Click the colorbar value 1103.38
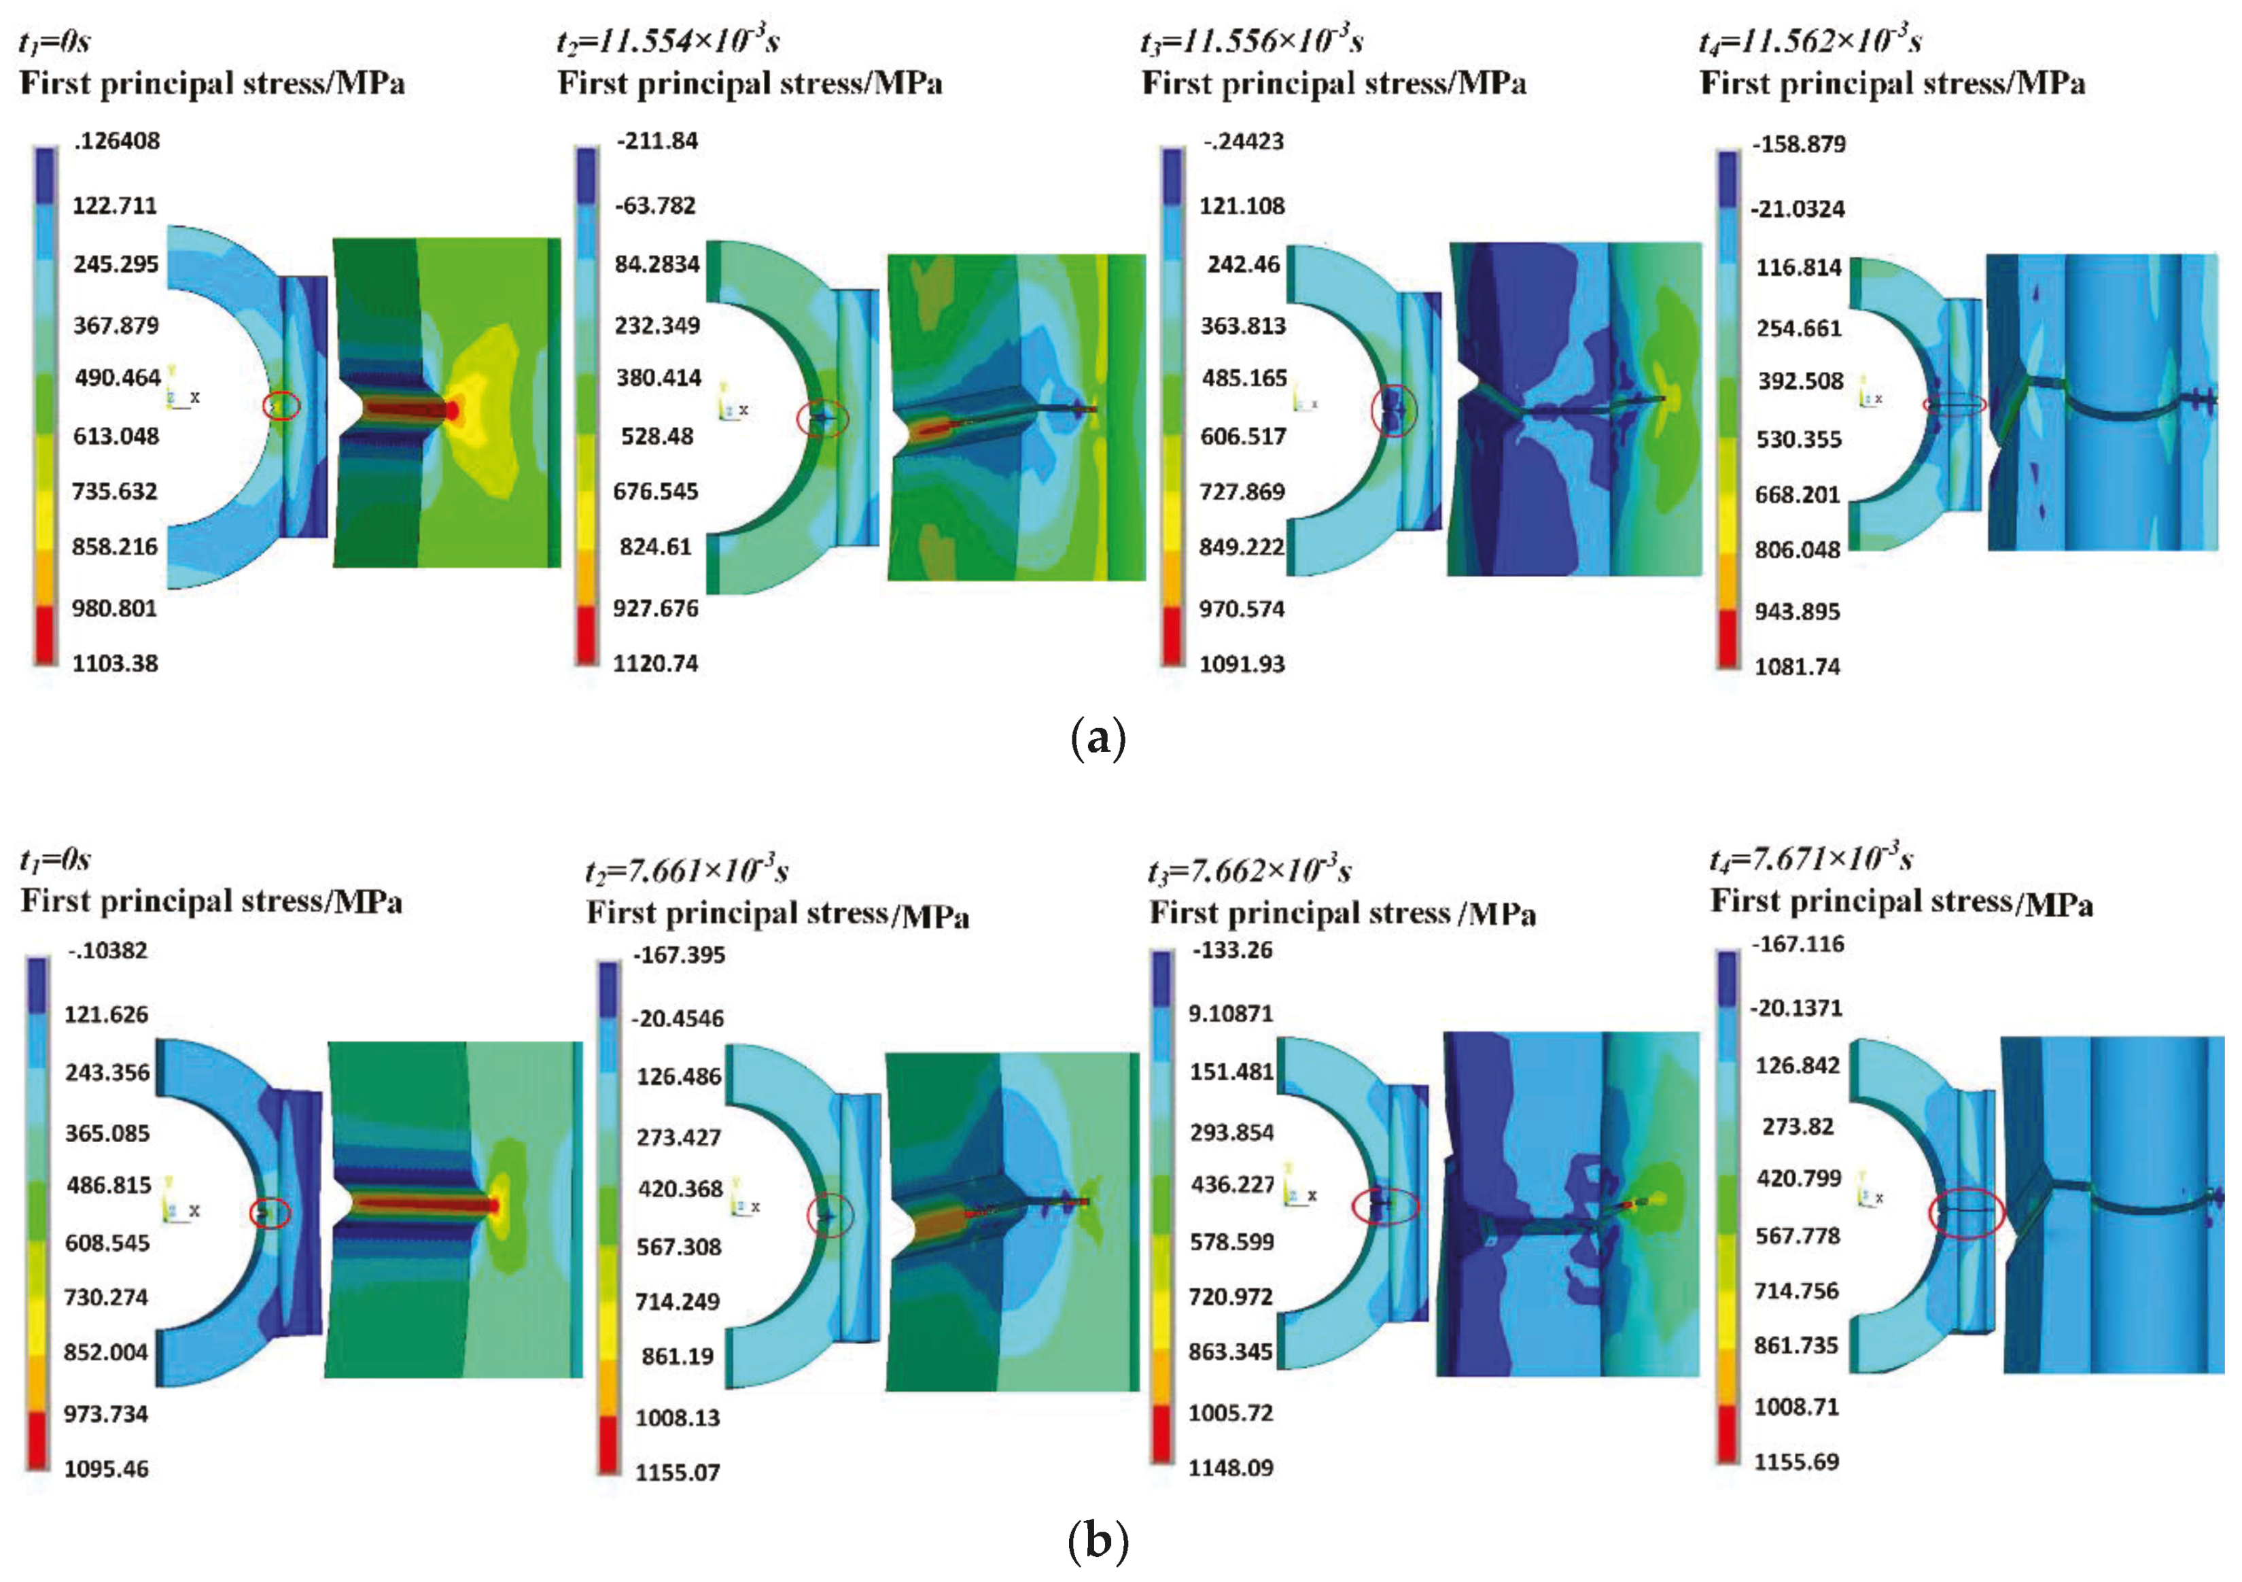[x=116, y=663]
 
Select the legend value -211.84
[x=657, y=141]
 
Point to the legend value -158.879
[x=1799, y=145]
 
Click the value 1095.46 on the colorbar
[x=107, y=1468]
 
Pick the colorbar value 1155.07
[x=678, y=1473]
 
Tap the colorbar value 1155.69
[x=1797, y=1462]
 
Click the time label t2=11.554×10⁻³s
[x=668, y=41]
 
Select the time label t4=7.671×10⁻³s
[x=1810, y=859]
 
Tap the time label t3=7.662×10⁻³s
[x=1250, y=869]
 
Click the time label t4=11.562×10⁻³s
[x=1810, y=41]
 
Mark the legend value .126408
[x=116, y=141]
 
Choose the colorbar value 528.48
[x=657, y=436]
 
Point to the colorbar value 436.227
[x=1231, y=1184]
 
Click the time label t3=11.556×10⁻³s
[x=1252, y=41]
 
